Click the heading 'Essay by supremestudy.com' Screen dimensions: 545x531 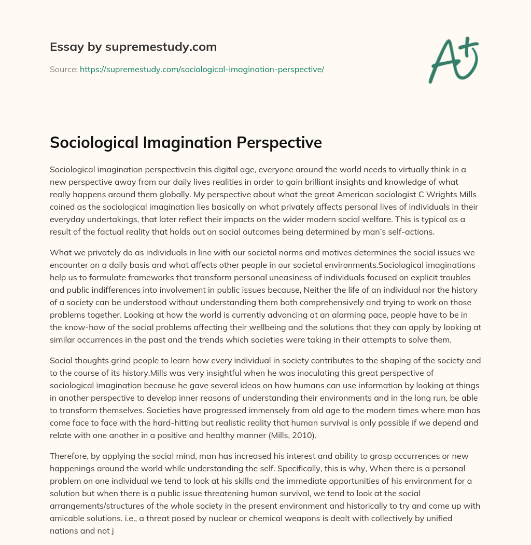pos(133,47)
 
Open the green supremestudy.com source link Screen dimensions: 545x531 pos(202,69)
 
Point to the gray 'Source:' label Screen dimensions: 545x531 pos(63,69)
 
